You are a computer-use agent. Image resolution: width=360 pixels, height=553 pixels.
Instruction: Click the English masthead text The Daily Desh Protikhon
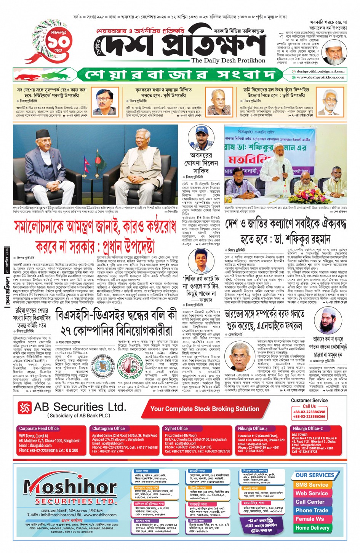228,61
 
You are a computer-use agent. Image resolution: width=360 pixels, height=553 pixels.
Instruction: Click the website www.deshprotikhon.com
320,77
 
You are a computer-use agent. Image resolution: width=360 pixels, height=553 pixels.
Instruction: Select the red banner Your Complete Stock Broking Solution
205,409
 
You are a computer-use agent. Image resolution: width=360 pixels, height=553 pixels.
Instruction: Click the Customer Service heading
309,400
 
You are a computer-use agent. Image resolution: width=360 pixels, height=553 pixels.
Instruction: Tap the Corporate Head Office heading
39,428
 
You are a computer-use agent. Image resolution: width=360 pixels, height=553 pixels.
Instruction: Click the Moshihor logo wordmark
70,487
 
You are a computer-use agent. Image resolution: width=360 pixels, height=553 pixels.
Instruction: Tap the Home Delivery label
312,528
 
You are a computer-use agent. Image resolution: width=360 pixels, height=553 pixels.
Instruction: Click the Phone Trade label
312,510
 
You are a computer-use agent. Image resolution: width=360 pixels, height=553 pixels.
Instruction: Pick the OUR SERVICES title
315,475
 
